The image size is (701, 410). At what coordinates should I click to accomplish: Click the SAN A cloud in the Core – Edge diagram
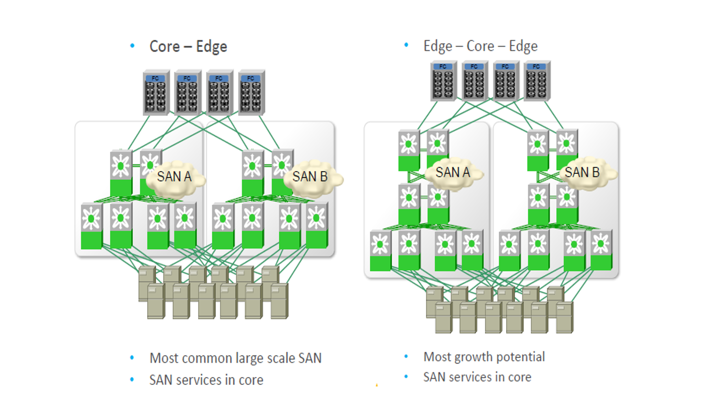tap(174, 178)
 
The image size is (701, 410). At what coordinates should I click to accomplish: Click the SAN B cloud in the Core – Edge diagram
tap(311, 177)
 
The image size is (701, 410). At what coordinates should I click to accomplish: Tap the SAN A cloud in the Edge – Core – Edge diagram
tap(453, 172)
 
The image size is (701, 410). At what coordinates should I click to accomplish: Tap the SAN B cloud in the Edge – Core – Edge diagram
tap(583, 172)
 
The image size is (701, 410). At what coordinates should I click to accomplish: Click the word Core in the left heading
tap(165, 46)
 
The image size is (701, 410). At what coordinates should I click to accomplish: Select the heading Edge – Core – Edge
tap(480, 46)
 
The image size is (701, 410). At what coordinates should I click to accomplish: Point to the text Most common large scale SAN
tap(235, 358)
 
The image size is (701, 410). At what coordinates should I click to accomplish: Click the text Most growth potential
tap(484, 357)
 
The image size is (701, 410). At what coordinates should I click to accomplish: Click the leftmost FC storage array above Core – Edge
tap(155, 93)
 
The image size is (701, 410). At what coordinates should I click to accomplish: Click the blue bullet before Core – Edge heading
tap(133, 46)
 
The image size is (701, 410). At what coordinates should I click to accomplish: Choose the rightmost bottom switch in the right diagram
tap(601, 250)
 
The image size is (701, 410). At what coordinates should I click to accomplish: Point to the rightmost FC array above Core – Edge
tap(250, 93)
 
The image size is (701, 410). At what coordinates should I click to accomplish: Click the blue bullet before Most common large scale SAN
tap(133, 358)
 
